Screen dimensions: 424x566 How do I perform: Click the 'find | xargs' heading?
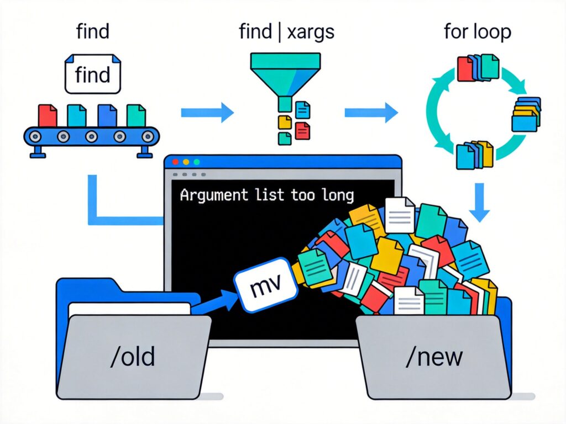pyautogui.click(x=286, y=32)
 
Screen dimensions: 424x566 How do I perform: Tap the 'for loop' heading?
pyautogui.click(x=478, y=32)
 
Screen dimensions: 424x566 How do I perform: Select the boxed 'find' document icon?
pyautogui.click(x=93, y=74)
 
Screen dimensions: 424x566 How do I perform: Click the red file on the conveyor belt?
pyautogui.click(x=48, y=115)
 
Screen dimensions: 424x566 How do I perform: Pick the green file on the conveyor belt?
pyautogui.click(x=135, y=115)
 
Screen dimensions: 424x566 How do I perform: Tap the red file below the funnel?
pyautogui.click(x=302, y=131)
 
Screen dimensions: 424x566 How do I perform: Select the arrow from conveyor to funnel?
pyautogui.click(x=207, y=113)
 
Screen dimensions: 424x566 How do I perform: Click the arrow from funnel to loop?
pyautogui.click(x=371, y=113)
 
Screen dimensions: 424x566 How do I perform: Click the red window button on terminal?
pyautogui.click(x=176, y=162)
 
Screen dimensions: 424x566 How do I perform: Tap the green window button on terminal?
pyautogui.click(x=196, y=162)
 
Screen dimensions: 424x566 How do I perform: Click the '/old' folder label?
pyautogui.click(x=132, y=357)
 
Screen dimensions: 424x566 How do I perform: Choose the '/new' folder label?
pyautogui.click(x=434, y=357)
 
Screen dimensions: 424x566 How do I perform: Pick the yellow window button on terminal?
pyautogui.click(x=186, y=162)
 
